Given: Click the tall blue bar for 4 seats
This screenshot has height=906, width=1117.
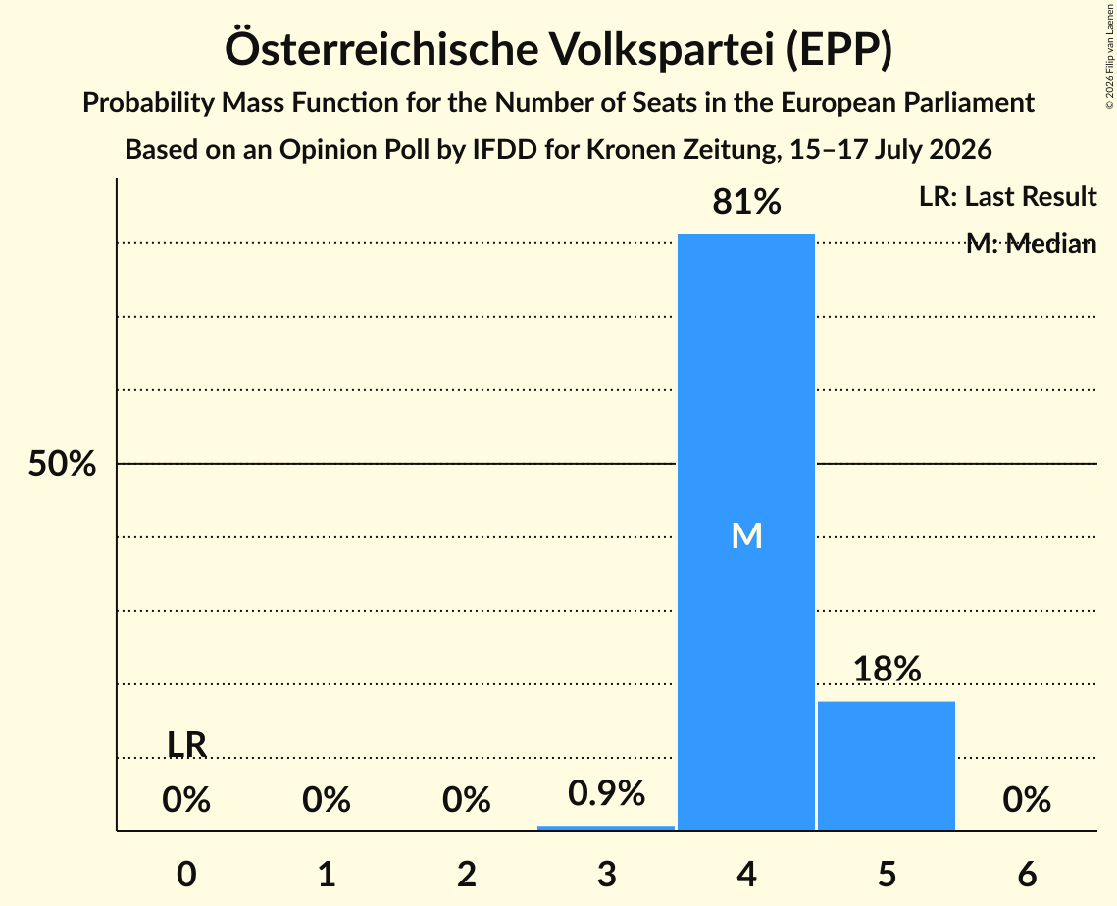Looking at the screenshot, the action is point(746,532).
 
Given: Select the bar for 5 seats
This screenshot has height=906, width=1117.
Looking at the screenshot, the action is point(887,766).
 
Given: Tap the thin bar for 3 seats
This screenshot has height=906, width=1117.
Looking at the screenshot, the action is point(605,828).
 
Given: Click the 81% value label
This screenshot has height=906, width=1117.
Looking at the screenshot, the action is point(746,202).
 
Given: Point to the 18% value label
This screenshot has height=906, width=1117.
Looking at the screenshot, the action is point(887,669).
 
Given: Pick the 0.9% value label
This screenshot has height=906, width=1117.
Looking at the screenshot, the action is point(606,792).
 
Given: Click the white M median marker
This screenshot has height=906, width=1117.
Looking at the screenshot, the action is point(746,535).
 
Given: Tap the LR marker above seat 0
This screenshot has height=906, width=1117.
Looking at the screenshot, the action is point(186,745).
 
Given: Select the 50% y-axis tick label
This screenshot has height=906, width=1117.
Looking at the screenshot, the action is point(62,464).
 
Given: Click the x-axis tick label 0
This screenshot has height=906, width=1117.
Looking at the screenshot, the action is point(186,874).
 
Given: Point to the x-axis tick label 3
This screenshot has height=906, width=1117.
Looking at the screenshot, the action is point(607,874).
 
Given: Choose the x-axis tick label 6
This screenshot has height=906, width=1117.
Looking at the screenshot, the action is point(1027,874).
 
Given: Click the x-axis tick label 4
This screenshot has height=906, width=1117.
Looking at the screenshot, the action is point(746,874).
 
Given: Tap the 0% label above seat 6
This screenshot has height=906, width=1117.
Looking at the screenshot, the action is point(1027,799).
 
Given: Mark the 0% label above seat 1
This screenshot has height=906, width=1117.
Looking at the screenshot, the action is point(327,799).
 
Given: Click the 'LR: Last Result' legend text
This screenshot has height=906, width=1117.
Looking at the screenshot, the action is point(1007,196).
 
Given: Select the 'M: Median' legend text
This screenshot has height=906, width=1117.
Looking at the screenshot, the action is point(1031,243).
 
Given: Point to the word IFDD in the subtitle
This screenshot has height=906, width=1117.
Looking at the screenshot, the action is point(505,150).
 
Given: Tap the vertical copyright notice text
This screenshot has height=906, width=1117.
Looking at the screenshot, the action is point(1110,56).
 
